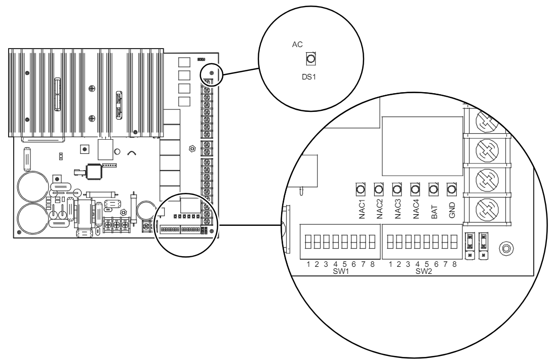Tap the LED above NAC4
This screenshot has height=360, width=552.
415,189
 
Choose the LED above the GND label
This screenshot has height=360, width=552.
451,189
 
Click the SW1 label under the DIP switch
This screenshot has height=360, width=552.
340,271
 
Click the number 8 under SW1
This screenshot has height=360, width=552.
372,264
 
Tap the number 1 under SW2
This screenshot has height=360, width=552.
390,264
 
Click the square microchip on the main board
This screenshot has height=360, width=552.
95,171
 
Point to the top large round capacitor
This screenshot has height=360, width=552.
32,187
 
